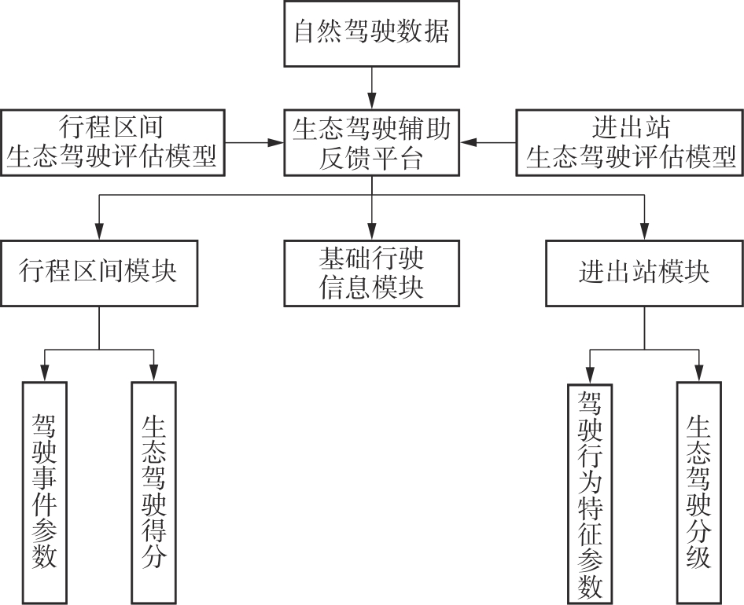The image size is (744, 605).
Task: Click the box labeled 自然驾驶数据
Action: [371, 34]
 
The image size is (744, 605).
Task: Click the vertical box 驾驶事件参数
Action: [44, 492]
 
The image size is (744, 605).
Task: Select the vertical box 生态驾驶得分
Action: [153, 492]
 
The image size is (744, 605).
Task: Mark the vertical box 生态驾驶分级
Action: [698, 492]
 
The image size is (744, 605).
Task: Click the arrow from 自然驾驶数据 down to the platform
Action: [371, 86]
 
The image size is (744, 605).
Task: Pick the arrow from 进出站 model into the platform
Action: [488, 142]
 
